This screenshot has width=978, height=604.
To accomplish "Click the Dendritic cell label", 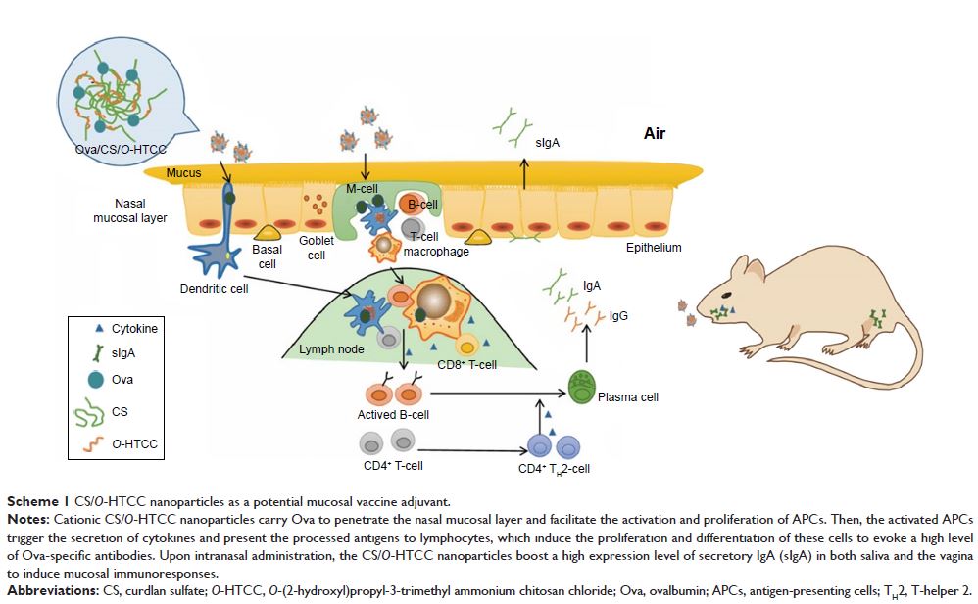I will click(x=215, y=288).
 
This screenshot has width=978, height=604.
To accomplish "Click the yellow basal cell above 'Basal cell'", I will click(x=267, y=231).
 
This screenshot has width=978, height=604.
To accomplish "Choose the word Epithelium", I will click(x=654, y=248).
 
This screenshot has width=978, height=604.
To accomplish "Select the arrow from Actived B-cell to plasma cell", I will click(x=495, y=394).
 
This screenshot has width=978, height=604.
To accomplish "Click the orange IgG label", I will click(x=618, y=316).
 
